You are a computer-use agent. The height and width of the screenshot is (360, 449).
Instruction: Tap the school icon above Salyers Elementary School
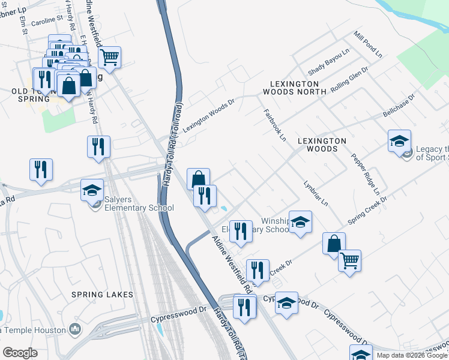pos(92,190)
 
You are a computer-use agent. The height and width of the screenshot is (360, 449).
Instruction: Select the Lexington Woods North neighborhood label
pos(294,88)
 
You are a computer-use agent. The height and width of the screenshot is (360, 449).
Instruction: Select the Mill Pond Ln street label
pos(368,44)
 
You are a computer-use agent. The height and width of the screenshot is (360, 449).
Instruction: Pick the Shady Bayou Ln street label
pos(328,61)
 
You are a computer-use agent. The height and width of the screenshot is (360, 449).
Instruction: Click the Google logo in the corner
pos(20,353)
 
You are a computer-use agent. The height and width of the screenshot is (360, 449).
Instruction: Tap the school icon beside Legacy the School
pos(399,142)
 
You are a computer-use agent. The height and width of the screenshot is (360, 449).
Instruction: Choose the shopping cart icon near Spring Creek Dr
pos(349,260)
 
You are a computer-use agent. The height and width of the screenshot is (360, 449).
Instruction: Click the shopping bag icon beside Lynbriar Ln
pos(334,244)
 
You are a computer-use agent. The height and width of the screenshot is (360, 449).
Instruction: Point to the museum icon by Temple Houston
pos(75,329)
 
